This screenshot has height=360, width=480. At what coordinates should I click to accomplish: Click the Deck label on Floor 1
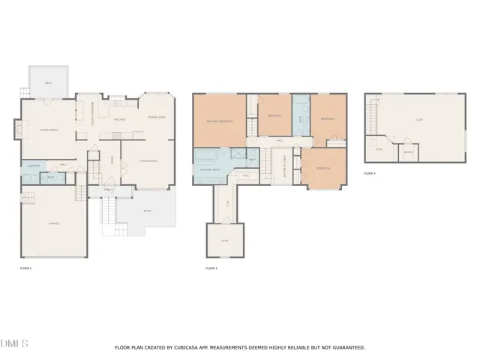tap(48, 83)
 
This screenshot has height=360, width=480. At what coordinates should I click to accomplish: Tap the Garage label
tap(54, 223)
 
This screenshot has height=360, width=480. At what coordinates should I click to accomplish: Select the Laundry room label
tap(32, 165)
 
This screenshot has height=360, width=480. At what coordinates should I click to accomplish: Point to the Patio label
tap(147, 211)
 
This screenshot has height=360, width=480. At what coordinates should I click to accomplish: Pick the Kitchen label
tap(118, 119)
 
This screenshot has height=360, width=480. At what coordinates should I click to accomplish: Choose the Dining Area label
tap(156, 118)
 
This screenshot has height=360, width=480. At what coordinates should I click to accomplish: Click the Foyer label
tap(112, 160)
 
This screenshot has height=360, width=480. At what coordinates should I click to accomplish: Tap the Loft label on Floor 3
tap(419, 119)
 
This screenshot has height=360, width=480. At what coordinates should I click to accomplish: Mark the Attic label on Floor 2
tap(224, 241)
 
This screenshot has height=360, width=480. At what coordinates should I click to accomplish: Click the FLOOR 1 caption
tap(26, 268)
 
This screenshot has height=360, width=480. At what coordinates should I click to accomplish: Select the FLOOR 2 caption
tap(211, 268)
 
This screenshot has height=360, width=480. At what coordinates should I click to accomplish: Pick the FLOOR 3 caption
tap(369, 173)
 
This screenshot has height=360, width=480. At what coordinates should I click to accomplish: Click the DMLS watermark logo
tap(14, 344)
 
